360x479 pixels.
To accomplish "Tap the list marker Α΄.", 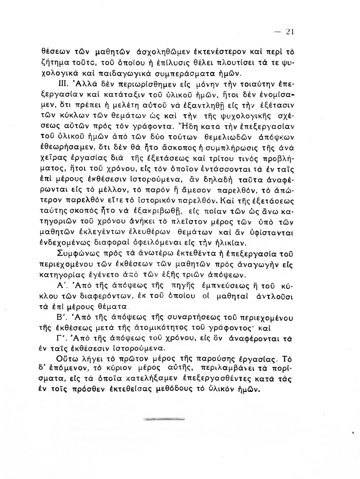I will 61,284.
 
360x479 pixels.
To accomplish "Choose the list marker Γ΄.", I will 61,338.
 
